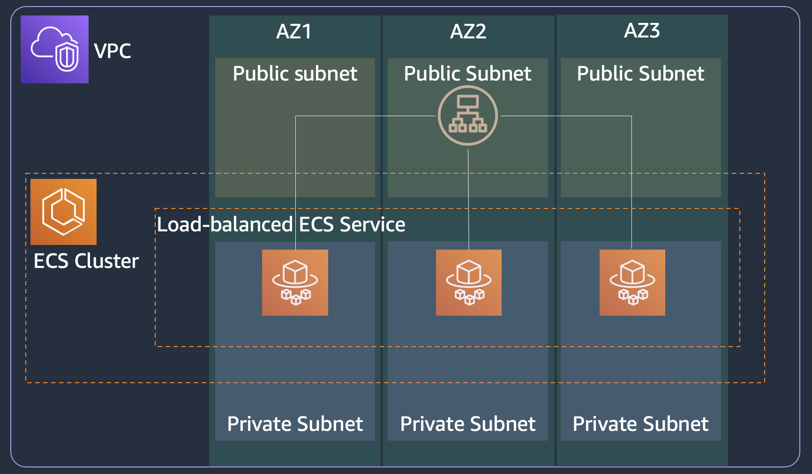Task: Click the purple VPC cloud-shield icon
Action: [54, 49]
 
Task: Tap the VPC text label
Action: [113, 51]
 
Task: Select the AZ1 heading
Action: [294, 31]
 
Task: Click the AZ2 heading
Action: [468, 31]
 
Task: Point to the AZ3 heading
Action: [642, 30]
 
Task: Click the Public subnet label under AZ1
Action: [295, 74]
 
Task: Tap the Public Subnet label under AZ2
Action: [467, 74]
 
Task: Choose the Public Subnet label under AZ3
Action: [640, 74]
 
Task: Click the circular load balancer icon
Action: [468, 115]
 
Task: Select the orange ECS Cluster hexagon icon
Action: [63, 212]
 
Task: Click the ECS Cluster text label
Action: [86, 261]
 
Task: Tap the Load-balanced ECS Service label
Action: [281, 224]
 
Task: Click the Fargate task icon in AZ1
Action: [295, 282]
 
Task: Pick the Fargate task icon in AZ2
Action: [469, 282]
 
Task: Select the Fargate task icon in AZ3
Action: [632, 282]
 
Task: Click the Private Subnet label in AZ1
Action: [295, 424]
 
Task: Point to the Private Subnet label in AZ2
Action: [467, 424]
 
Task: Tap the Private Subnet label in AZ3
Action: [640, 424]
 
